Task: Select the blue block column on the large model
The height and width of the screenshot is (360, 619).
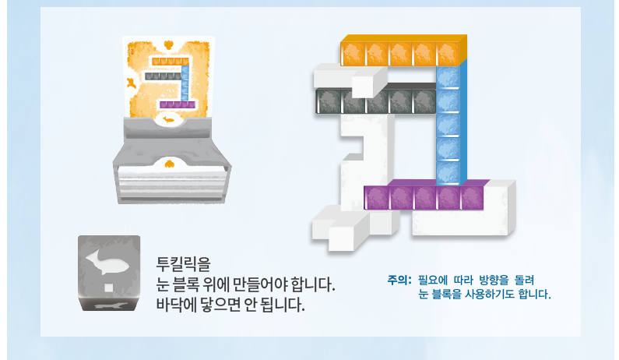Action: pyautogui.click(x=449, y=125)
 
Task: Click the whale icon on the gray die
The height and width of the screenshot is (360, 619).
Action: pyautogui.click(x=108, y=260)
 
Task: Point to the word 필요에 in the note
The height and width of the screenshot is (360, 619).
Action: pyautogui.click(x=434, y=279)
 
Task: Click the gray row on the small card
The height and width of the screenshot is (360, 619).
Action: pyautogui.click(x=160, y=76)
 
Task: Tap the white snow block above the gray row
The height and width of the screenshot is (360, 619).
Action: pyautogui.click(x=350, y=79)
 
